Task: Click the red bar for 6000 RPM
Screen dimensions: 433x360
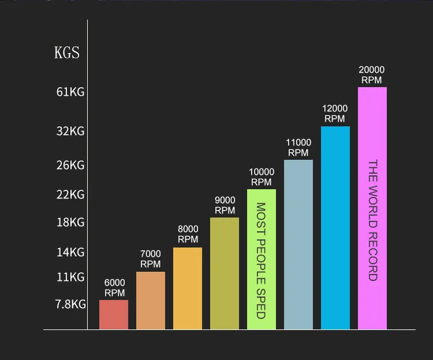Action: click(x=114, y=314)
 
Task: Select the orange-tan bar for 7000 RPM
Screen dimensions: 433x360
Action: click(x=151, y=301)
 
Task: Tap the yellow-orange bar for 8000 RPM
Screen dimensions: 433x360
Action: click(x=188, y=288)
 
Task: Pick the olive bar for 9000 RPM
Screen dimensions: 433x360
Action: click(x=225, y=273)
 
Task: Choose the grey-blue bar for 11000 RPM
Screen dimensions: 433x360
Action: click(x=298, y=245)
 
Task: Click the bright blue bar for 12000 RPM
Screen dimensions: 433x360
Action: click(x=335, y=228)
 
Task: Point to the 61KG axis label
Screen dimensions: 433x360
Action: click(x=70, y=92)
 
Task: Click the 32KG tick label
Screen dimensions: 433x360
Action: click(x=70, y=131)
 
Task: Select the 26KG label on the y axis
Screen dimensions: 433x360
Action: click(x=70, y=165)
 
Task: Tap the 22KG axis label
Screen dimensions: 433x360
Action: click(x=70, y=195)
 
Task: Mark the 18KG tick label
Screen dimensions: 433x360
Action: click(x=70, y=222)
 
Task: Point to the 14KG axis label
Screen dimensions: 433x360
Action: click(x=70, y=253)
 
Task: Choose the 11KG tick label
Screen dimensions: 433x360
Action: click(x=70, y=277)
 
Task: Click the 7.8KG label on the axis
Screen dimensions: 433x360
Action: click(x=70, y=304)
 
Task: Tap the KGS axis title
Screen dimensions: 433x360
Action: click(x=67, y=52)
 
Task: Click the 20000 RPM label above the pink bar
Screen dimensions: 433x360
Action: click(x=372, y=75)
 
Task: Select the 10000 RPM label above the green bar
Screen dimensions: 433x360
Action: click(x=262, y=177)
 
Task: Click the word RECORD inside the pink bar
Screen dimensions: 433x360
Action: click(x=373, y=256)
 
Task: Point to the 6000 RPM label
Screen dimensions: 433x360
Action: click(x=115, y=287)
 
